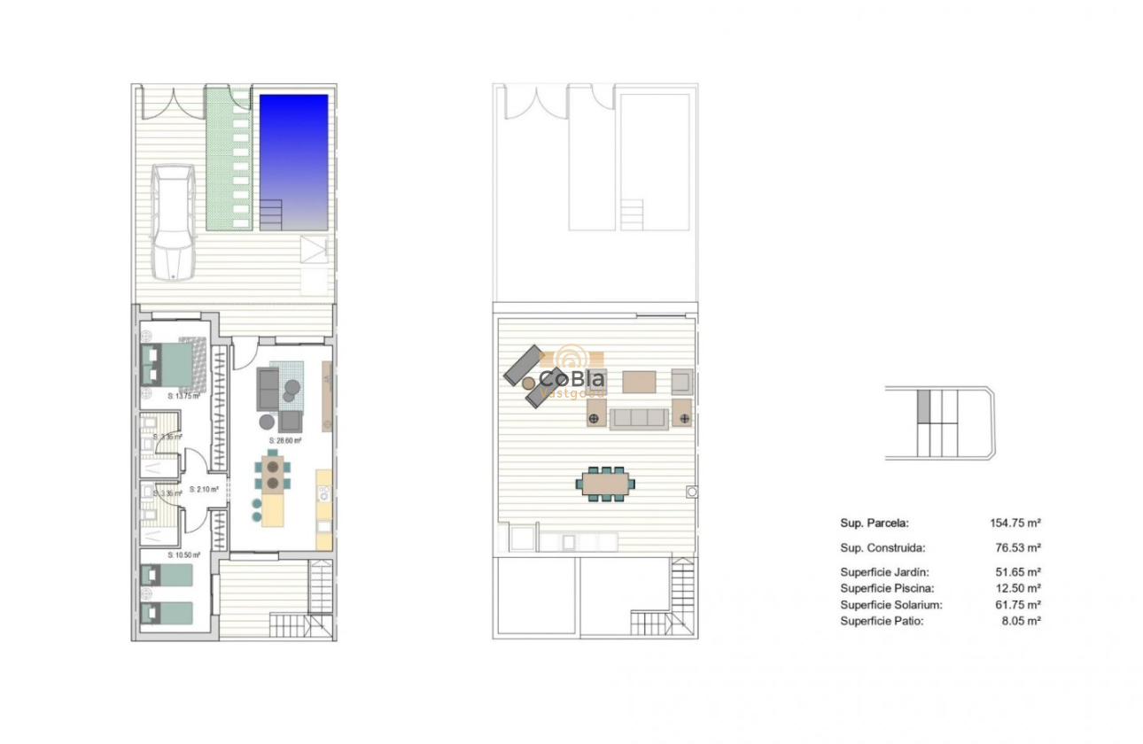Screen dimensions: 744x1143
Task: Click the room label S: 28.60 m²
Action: point(285,440)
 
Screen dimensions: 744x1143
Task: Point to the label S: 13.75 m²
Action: point(183,397)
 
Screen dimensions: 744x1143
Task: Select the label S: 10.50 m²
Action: point(183,555)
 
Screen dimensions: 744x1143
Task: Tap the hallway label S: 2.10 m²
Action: point(203,489)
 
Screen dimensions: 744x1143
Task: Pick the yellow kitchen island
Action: point(274,507)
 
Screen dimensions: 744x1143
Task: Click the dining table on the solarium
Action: point(606,484)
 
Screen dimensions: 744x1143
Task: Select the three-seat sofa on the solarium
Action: point(638,418)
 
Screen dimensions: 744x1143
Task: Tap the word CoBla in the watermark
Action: point(572,378)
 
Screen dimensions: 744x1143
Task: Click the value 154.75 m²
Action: point(1015,523)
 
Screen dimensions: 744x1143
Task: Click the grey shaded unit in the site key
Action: point(922,407)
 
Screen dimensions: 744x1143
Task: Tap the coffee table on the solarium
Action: point(639,382)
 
